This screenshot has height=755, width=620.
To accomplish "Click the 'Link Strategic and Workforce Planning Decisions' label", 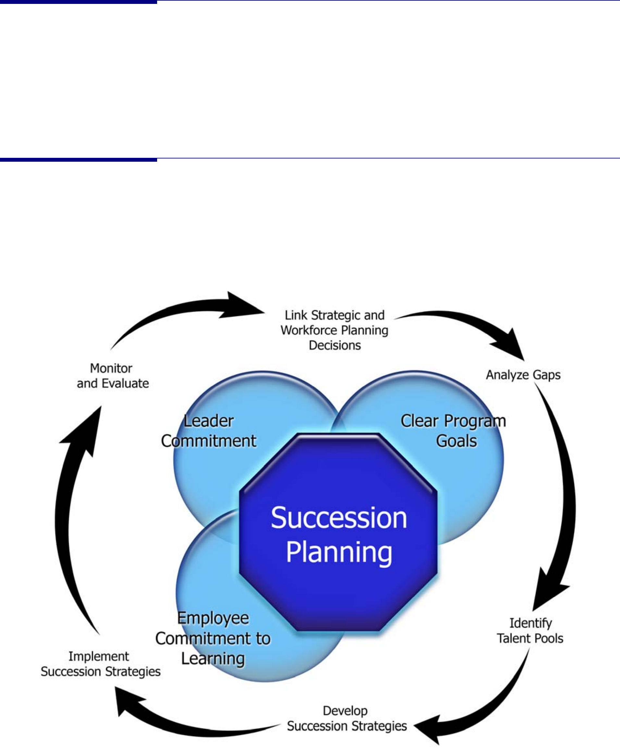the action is coord(334,330).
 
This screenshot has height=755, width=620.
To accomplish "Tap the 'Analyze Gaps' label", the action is coord(523,375).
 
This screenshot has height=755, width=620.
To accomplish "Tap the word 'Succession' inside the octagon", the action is coord(339,518).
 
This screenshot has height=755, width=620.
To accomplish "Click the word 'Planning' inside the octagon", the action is coord(339,553).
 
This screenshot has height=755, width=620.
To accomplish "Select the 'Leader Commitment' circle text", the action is coord(209,431).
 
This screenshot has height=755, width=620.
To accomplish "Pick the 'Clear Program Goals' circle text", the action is coord(453,431).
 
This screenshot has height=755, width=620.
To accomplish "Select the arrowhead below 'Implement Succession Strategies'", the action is coord(129,702).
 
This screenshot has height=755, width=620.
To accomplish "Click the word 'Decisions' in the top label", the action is coord(335,346).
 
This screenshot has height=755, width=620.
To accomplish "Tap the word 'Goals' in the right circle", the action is coord(456,441).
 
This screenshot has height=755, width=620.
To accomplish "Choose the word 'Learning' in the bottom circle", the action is coord(213,659).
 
